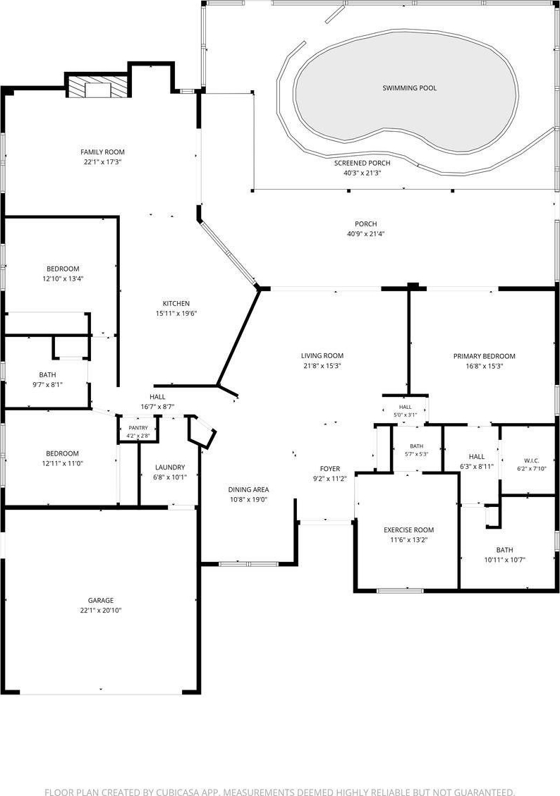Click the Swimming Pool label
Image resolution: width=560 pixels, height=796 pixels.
click(x=409, y=88)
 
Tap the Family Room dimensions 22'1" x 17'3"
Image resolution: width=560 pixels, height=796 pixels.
click(x=103, y=162)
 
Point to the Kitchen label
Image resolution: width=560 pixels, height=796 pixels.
click(x=176, y=304)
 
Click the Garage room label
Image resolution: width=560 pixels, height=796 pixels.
click(x=101, y=600)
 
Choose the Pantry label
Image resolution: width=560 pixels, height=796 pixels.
click(x=138, y=428)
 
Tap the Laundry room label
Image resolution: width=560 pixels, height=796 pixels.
click(x=170, y=467)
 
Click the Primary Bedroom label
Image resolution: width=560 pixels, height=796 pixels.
click(x=485, y=356)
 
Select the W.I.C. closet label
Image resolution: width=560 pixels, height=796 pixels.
click(x=531, y=461)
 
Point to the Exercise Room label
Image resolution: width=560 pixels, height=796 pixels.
click(x=408, y=530)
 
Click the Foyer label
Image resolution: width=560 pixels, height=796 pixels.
click(x=330, y=469)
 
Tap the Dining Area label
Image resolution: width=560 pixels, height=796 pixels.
click(x=248, y=489)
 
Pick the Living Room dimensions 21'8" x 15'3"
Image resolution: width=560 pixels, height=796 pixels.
click(x=322, y=365)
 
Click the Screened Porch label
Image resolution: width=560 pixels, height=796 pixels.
click(x=362, y=163)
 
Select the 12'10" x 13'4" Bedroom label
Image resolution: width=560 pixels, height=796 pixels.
click(x=63, y=269)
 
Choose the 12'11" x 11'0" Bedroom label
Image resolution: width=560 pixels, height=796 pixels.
click(x=63, y=453)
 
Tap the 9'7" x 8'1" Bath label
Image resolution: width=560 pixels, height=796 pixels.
click(x=48, y=374)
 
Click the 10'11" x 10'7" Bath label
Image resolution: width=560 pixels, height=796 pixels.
click(x=505, y=550)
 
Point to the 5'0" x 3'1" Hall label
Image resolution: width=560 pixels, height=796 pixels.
click(x=405, y=407)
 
